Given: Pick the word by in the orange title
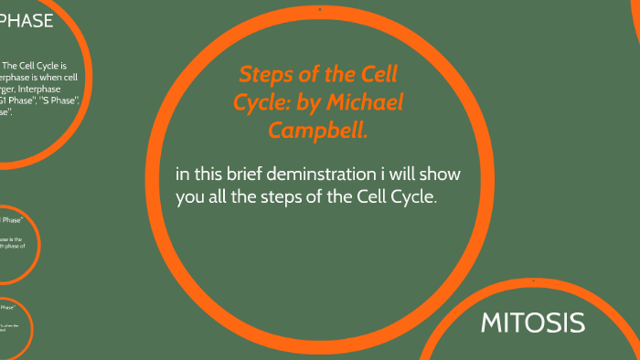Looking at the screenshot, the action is [316, 102].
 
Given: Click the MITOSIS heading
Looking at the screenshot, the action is [533, 322].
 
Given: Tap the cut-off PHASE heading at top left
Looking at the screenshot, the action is [27, 21].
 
